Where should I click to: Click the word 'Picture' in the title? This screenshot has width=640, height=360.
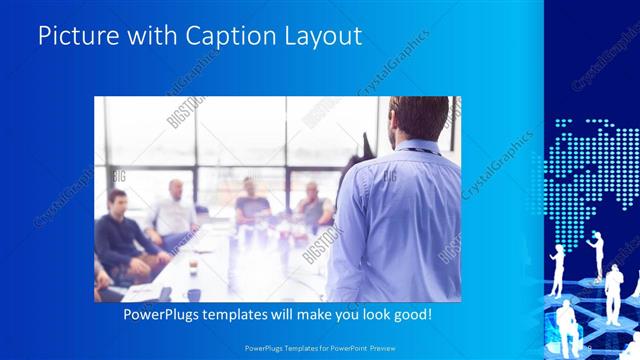(78, 37)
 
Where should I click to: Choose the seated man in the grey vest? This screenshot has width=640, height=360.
(313, 207)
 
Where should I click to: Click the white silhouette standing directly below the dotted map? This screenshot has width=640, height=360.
(599, 255)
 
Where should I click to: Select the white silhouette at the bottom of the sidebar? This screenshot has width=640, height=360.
(567, 325)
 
